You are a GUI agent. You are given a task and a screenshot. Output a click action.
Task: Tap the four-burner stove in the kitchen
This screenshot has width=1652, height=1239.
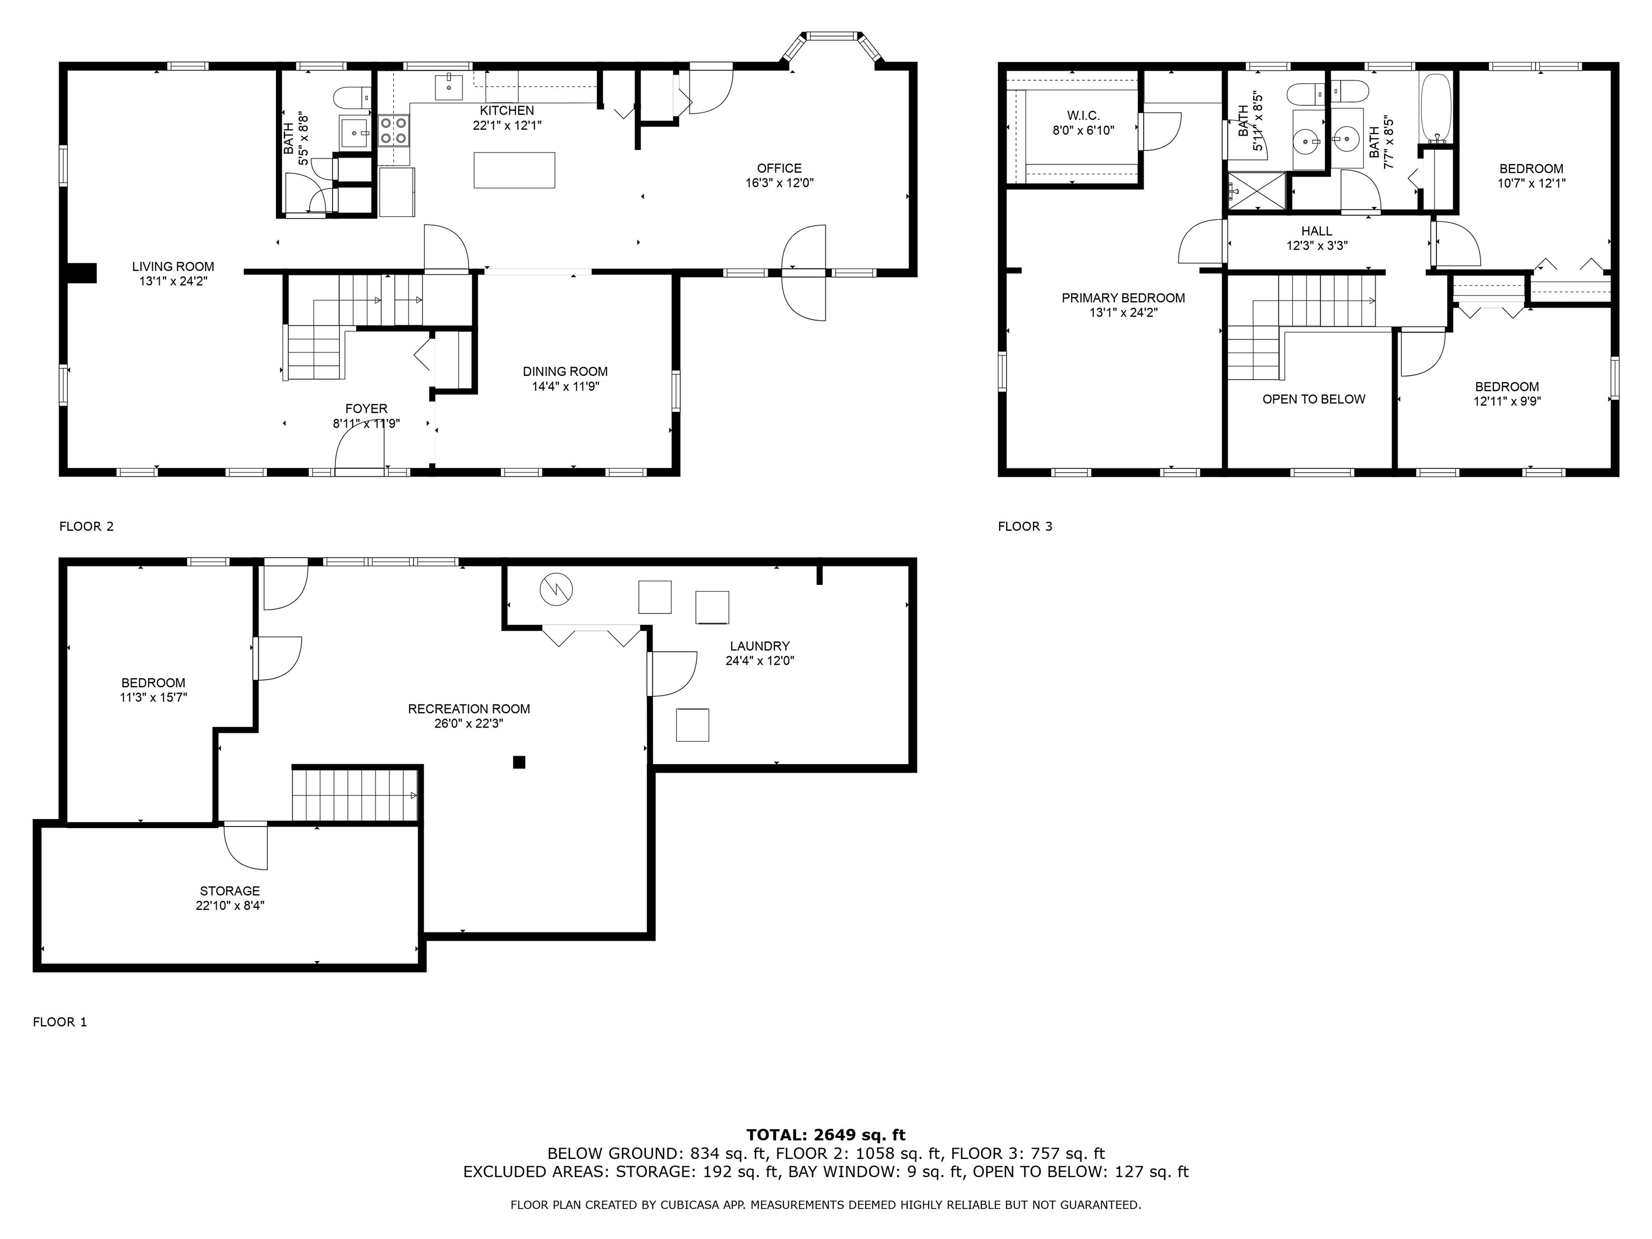[x=394, y=131]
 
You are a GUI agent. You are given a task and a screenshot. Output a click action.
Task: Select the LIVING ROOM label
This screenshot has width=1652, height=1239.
[x=173, y=267]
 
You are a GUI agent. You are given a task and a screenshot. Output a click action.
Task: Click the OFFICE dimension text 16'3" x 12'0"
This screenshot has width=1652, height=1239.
[x=779, y=183]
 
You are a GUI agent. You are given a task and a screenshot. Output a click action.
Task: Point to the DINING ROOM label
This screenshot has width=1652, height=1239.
[x=565, y=371]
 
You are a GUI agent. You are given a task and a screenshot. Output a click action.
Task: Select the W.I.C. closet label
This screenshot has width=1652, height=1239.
[x=1083, y=116]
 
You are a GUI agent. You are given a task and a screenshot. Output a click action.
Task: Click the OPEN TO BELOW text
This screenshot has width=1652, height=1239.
[x=1313, y=400]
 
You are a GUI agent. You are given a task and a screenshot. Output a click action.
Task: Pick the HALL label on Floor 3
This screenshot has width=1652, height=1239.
[x=1316, y=231]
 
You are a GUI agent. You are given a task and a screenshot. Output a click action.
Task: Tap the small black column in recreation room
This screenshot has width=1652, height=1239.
[x=519, y=762]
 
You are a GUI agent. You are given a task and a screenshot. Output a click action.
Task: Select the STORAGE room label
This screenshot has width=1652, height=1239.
[x=229, y=891]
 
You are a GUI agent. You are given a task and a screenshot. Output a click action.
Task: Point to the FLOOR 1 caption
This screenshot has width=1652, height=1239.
[x=60, y=1022]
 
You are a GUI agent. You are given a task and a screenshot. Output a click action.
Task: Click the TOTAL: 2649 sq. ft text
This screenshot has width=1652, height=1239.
[x=825, y=1136]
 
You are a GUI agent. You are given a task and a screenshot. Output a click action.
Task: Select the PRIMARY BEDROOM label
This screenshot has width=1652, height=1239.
[x=1122, y=298]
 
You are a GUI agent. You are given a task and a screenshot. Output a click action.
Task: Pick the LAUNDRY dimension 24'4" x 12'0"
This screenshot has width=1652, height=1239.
[x=759, y=661]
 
